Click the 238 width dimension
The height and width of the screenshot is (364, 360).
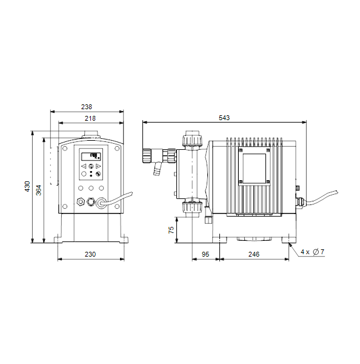point(87,107)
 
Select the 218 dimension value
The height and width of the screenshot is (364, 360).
point(90,118)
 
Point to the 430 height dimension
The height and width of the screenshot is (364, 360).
point(27,186)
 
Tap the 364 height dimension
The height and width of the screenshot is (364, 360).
point(39,190)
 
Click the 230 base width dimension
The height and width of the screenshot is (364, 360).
point(90,254)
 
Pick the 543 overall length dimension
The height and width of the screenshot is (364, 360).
point(224,118)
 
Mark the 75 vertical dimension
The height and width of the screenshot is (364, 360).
point(171,230)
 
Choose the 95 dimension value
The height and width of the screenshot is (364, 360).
point(205,254)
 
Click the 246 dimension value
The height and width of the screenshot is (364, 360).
point(254,254)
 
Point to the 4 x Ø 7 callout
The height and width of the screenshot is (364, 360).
point(312,252)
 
